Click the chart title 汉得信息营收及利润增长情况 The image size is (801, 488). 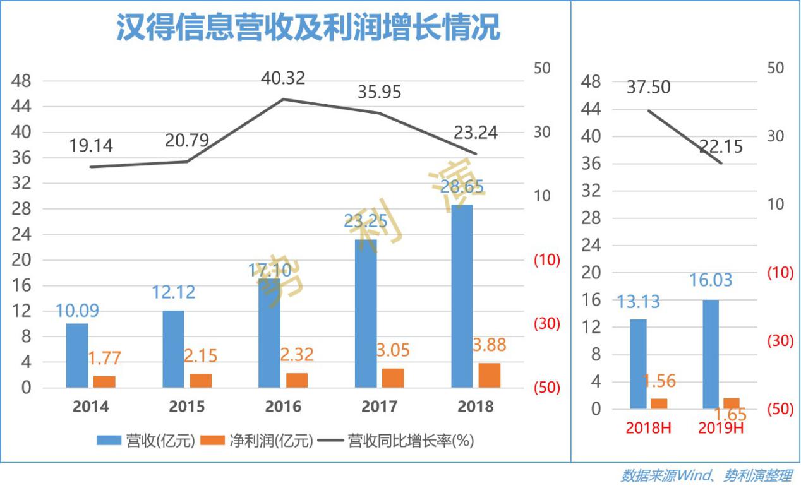click(308, 28)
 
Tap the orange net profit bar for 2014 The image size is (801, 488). click(105, 381)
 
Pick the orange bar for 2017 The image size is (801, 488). click(394, 378)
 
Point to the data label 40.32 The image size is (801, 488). click(283, 78)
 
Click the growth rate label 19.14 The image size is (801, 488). click(91, 146)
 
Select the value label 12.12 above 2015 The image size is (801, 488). click(173, 292)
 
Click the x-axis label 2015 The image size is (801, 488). click(187, 406)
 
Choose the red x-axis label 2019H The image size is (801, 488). click(721, 428)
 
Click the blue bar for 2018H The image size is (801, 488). click(638, 364)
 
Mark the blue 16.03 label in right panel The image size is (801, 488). click(711, 280)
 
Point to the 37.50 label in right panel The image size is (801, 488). click(649, 88)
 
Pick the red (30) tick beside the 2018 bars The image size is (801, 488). click(546, 324)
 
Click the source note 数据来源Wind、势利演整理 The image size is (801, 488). click(706, 476)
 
